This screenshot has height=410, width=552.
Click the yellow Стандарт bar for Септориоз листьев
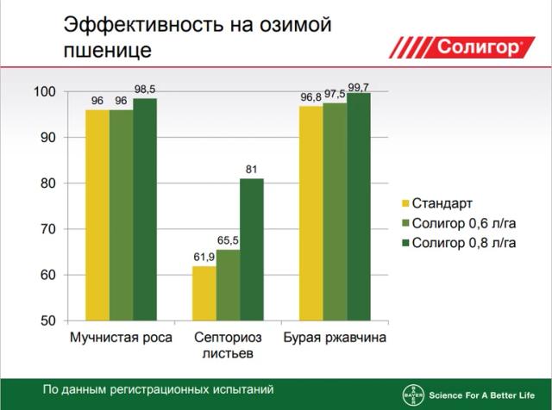204,293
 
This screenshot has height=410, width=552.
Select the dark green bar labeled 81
252,249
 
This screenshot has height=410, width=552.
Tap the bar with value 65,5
229,284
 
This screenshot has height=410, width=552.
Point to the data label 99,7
359,87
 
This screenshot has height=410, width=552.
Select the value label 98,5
146,90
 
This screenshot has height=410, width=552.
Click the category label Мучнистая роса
121,337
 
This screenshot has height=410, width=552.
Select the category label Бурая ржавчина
336,337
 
